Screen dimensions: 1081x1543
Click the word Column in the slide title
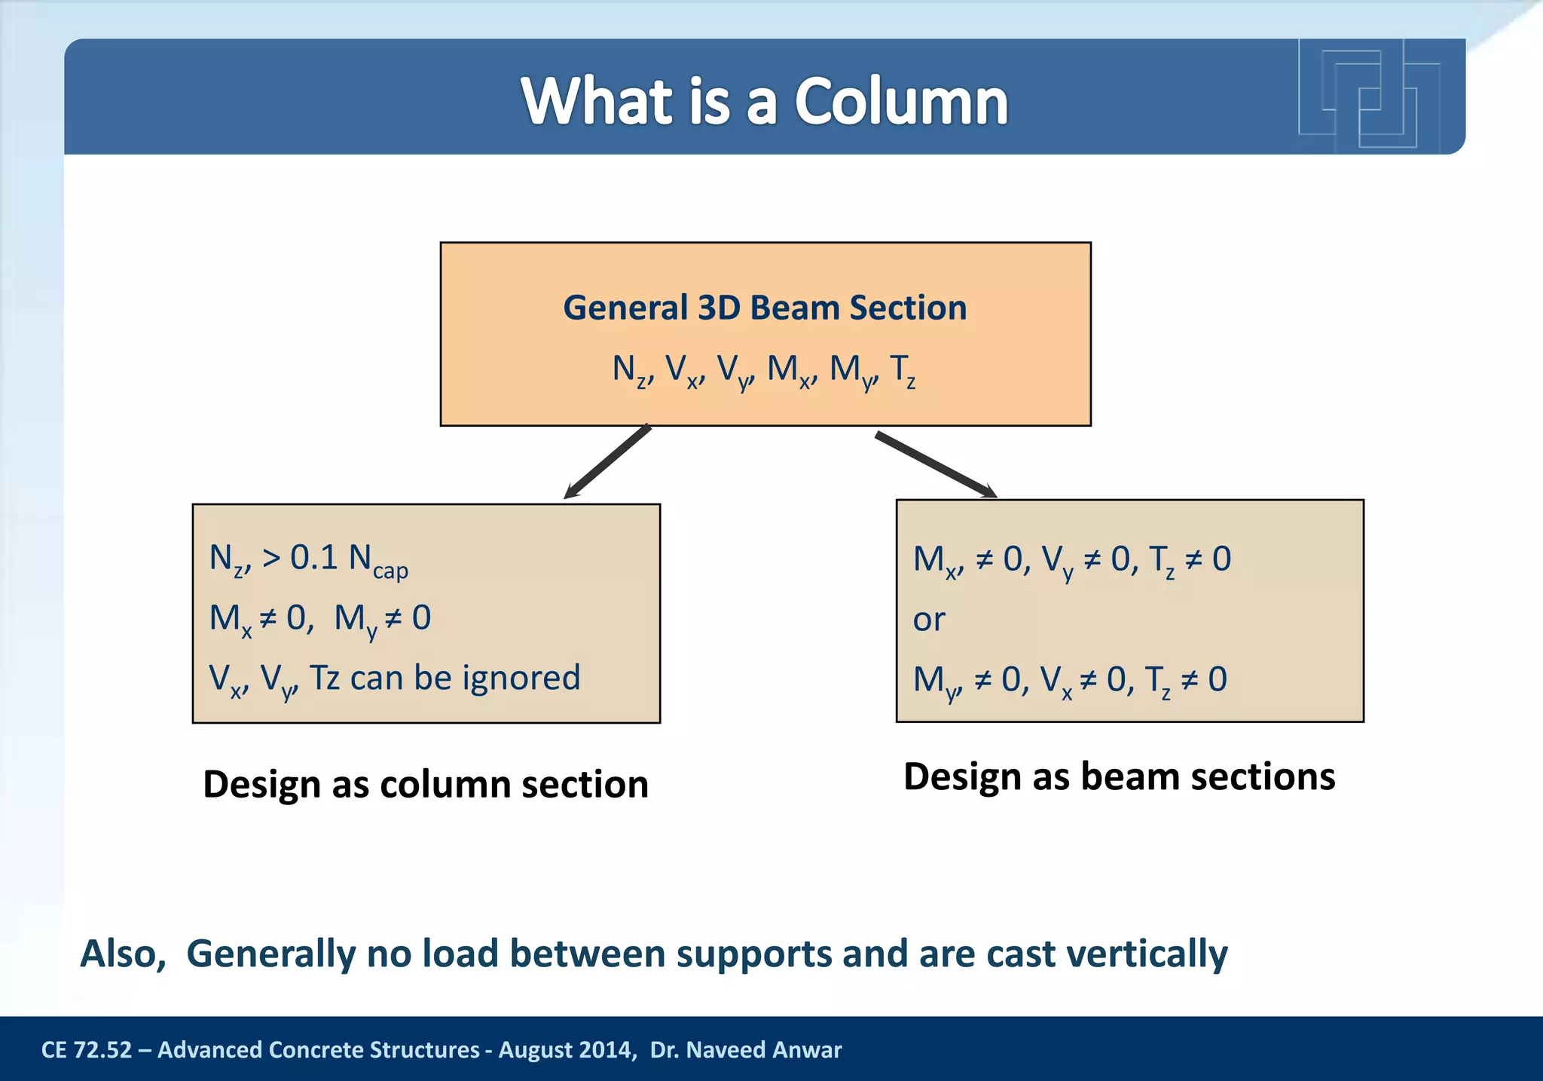901,102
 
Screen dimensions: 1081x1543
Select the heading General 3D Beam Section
765,308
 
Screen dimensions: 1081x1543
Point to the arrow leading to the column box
607,461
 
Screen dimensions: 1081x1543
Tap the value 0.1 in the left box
314,558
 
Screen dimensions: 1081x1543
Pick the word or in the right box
929,620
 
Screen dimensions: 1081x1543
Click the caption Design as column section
426,784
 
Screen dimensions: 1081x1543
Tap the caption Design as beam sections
1119,776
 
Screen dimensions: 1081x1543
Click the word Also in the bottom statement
123,954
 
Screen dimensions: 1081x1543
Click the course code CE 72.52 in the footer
87,1049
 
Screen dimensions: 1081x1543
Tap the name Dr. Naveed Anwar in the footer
746,1049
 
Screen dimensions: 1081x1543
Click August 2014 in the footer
564,1049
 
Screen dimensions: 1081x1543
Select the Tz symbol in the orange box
903,371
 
